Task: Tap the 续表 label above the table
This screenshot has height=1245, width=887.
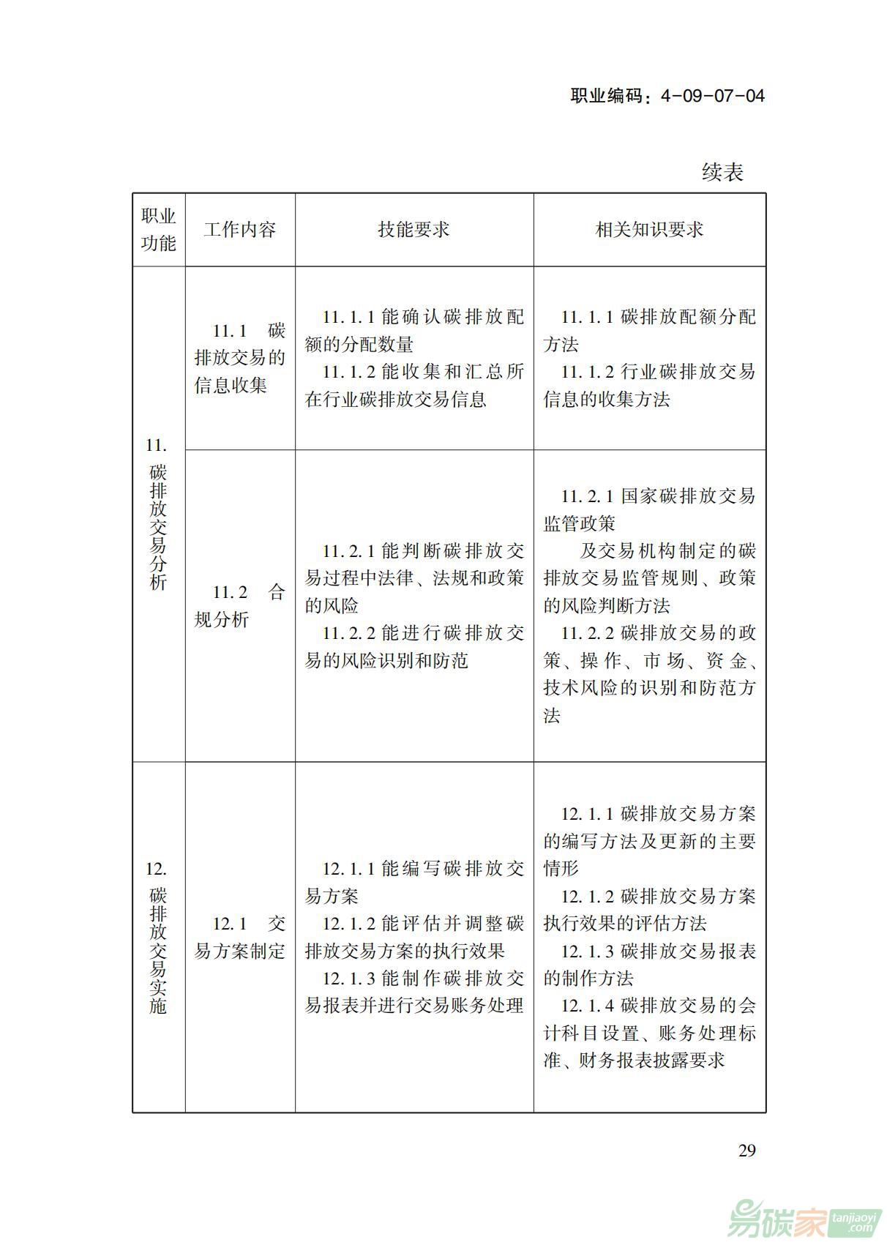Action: coord(722,172)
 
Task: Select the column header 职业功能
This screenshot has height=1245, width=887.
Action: coord(158,230)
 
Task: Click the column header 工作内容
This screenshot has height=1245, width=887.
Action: coord(240,230)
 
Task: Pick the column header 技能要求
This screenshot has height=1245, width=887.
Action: coord(413,230)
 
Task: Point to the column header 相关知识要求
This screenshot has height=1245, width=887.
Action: coord(649,230)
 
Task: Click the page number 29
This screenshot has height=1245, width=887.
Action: coord(746,1151)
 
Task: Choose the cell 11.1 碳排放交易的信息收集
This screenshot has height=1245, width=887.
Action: coord(240,358)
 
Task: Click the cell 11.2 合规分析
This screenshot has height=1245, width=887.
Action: coord(240,606)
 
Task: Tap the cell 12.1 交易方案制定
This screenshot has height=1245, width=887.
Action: coord(240,938)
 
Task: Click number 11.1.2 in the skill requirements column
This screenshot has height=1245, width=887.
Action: coord(349,373)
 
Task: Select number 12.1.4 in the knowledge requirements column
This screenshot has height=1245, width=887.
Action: coord(587,1006)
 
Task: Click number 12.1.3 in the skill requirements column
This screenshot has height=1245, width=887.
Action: coord(349,979)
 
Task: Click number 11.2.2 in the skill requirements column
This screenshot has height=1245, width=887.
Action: coord(349,634)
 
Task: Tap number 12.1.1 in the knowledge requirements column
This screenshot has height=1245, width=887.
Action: coord(587,815)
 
